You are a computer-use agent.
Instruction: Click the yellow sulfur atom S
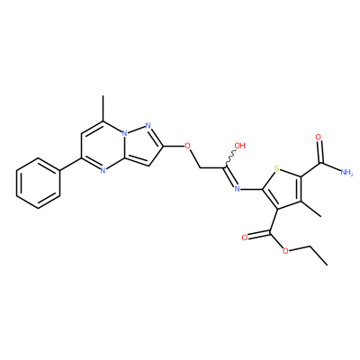point(276,169)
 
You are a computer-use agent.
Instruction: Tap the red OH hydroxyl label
point(239,146)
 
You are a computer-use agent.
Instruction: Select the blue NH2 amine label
point(346,173)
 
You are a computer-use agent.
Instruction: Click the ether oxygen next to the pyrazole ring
point(187,146)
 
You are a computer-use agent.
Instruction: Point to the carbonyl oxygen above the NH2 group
point(319,138)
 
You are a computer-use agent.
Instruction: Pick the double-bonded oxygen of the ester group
point(245,238)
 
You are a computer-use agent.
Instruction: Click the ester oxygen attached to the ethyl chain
point(285,251)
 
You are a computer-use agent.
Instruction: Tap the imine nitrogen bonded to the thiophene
point(238,189)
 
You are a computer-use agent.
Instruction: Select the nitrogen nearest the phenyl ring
point(103,171)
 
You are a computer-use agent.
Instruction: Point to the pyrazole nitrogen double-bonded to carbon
point(148,125)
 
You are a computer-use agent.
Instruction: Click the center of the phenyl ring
point(39,184)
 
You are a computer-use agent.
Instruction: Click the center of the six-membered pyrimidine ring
point(103,146)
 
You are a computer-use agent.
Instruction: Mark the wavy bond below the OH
point(230,158)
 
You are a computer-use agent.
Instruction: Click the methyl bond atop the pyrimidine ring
point(103,109)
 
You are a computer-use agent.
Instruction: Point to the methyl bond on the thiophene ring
point(311,209)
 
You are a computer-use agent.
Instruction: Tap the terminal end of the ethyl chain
point(327,265)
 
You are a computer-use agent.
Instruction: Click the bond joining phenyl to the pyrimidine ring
point(71,165)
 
